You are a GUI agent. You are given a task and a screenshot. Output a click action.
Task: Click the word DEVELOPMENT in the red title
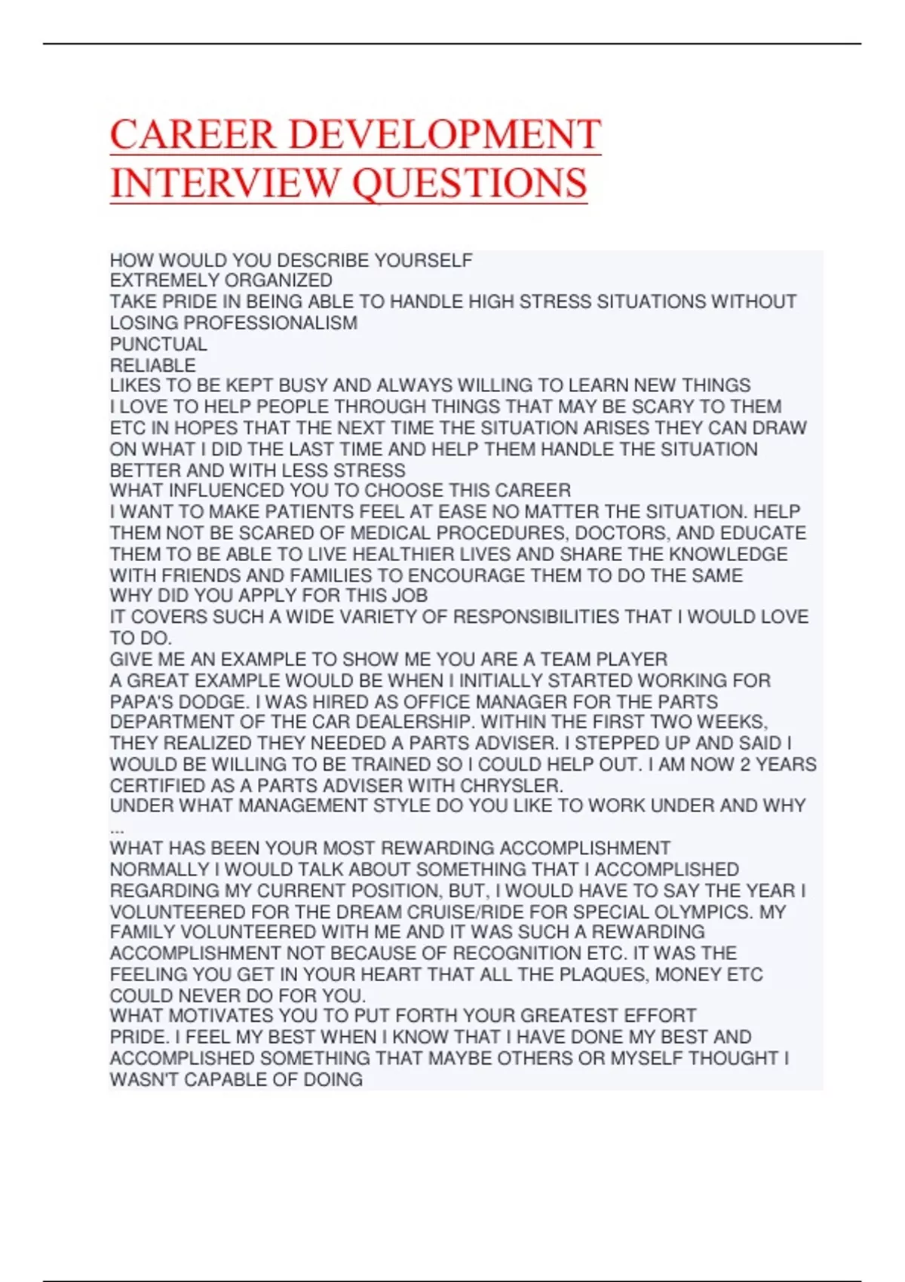pos(444,135)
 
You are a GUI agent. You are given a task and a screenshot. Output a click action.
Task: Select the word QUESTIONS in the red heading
pos(469,183)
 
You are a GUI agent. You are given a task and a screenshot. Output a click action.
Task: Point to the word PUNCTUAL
pos(158,345)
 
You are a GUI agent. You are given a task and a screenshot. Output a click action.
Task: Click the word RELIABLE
pos(153,366)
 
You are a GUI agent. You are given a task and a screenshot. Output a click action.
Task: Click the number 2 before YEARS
pos(745,765)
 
